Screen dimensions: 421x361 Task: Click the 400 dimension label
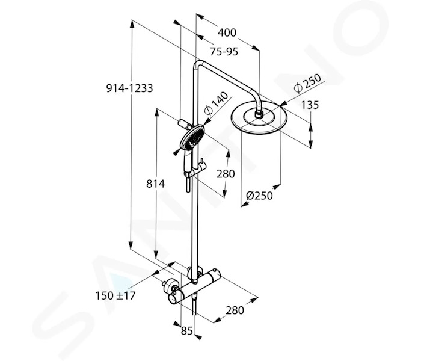click(x=227, y=32)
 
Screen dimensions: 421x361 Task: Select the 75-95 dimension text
click(x=224, y=51)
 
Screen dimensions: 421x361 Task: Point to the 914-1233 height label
click(x=130, y=88)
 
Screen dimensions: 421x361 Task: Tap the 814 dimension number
click(x=155, y=184)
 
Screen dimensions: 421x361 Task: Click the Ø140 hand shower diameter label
click(x=216, y=103)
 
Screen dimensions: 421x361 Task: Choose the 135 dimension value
click(x=310, y=105)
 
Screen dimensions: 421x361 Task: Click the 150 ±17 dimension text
click(x=115, y=296)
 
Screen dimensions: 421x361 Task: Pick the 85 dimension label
click(x=187, y=331)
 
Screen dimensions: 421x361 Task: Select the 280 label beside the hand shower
click(x=226, y=174)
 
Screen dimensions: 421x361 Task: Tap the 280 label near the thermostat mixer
click(x=235, y=310)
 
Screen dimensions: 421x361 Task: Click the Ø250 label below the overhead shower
click(x=259, y=196)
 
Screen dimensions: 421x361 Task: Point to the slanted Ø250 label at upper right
click(x=308, y=83)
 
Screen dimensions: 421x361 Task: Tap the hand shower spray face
click(x=193, y=137)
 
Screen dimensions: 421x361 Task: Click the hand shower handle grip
click(x=186, y=161)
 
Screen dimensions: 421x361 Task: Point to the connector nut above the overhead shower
click(x=259, y=114)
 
